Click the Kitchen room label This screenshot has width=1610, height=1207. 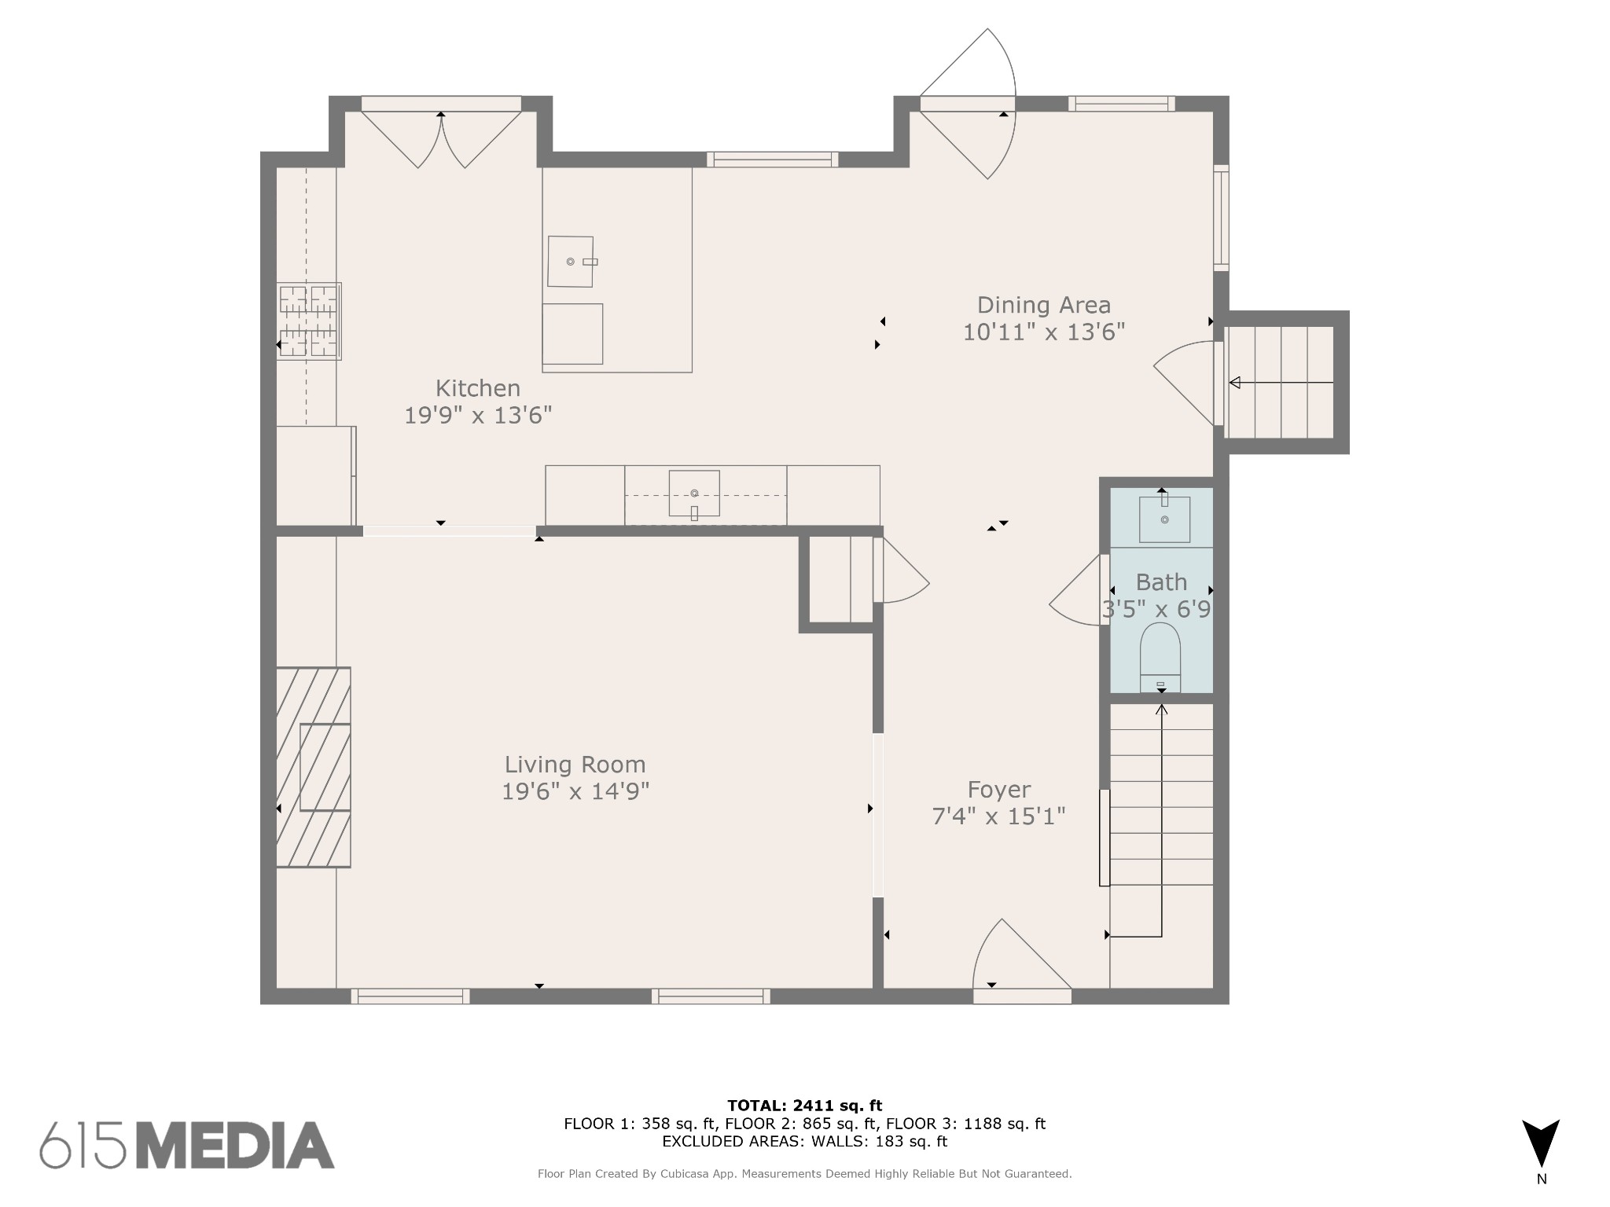point(478,388)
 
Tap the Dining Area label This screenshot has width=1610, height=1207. point(1044,305)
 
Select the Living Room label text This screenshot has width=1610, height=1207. point(575,765)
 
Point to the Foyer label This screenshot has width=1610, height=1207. point(998,790)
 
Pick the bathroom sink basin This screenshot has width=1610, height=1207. point(1164,519)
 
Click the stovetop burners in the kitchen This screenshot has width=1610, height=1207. point(309,321)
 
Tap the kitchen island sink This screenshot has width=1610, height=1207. point(571,262)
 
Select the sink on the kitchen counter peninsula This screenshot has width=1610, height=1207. point(694,493)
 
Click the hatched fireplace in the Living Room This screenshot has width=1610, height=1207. point(313,767)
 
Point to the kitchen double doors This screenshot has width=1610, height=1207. point(441,140)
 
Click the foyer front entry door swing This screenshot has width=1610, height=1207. point(1021,960)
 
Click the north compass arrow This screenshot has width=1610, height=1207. point(1541,1143)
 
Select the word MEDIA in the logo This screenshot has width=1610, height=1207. point(237,1145)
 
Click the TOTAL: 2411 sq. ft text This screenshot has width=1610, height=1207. point(805,1106)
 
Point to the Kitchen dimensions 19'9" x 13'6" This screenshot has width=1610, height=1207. point(478,415)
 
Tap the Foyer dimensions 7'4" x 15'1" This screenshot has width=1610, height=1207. point(998,816)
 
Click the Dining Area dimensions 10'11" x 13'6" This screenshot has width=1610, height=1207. point(1044,332)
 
